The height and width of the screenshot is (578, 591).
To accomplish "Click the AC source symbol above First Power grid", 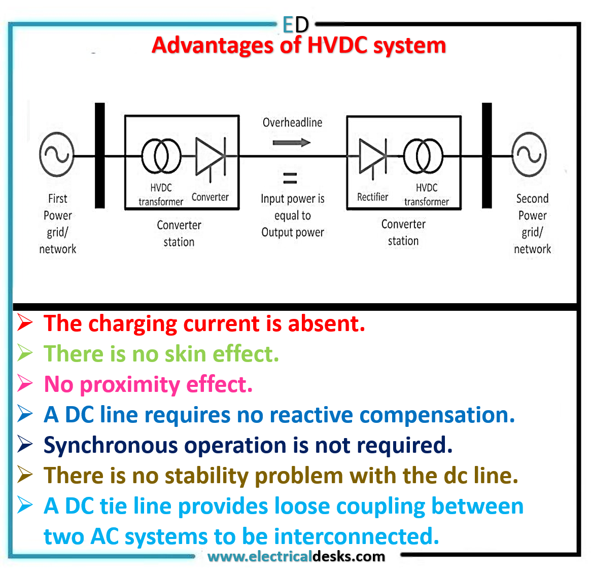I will click(x=56, y=155).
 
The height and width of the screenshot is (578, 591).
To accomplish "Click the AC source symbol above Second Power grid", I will click(x=529, y=155).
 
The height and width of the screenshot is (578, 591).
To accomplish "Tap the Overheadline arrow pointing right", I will click(x=291, y=142).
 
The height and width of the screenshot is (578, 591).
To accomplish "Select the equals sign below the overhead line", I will click(x=290, y=177).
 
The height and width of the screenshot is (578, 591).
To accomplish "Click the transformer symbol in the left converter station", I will click(x=161, y=156).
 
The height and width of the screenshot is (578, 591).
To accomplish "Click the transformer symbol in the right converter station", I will click(x=423, y=156).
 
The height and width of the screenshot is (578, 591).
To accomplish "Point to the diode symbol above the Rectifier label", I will click(x=373, y=157).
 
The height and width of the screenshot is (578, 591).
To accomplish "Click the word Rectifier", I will click(x=372, y=197).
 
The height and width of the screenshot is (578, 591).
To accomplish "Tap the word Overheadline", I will click(x=292, y=122).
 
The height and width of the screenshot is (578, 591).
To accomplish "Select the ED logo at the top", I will click(x=295, y=24).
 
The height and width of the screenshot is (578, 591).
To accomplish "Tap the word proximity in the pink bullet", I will click(x=130, y=385).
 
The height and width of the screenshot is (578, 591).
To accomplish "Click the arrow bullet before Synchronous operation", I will click(x=25, y=445).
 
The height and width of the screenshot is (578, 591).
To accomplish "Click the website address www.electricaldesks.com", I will click(x=296, y=556).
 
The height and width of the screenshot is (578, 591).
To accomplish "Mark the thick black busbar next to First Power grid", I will click(x=100, y=155).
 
